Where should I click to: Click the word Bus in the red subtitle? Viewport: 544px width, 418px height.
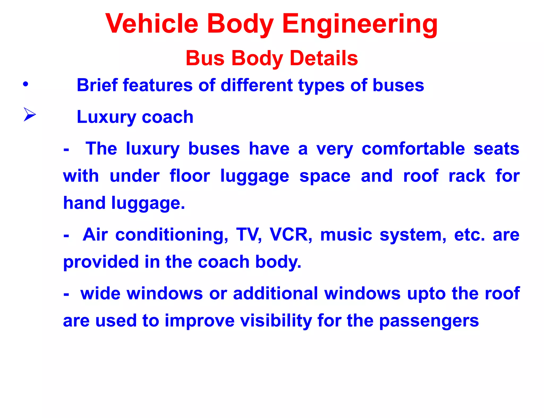(x=205, y=58)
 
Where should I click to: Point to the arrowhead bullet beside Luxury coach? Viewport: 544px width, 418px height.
(x=29, y=114)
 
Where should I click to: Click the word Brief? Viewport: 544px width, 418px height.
(x=97, y=85)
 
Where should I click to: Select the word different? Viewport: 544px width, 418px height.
(x=257, y=85)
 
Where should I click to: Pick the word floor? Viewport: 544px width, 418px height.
(x=190, y=176)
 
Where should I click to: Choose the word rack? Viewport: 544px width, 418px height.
(x=467, y=176)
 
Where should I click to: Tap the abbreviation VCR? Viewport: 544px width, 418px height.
(x=290, y=235)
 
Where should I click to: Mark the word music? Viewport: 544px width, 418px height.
(x=346, y=235)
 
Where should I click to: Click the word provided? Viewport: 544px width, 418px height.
(x=101, y=262)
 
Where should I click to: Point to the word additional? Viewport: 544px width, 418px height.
(x=275, y=294)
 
